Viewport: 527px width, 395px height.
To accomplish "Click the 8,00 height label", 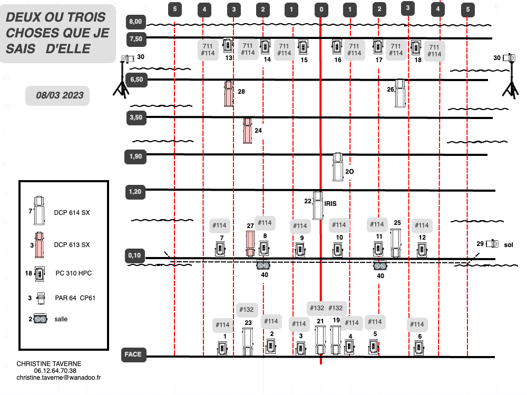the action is point(136,22).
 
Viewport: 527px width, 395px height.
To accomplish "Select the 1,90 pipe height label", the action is point(135,157).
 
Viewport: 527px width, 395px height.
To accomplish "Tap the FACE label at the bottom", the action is point(133,354).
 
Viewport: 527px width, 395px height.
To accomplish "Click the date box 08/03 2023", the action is point(58,96).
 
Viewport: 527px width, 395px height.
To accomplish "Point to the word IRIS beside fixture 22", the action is point(330,203).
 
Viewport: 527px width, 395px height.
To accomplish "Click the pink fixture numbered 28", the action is point(229,94).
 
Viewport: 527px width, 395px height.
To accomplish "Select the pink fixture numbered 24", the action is point(248,131).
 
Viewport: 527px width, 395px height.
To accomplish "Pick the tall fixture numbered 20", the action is point(338,167).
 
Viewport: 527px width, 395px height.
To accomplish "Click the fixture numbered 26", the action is point(400,93).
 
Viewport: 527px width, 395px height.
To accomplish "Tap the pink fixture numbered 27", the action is point(250,243).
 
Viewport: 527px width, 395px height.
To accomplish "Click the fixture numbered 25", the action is point(396,243).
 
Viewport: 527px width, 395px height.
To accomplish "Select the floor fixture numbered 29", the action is point(492,243).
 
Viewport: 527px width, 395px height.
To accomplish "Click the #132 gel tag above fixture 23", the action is point(247,310).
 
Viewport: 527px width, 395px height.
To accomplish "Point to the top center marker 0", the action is point(321,9).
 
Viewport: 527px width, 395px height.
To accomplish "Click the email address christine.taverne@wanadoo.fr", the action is point(58,378).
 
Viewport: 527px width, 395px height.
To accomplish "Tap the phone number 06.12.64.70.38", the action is point(55,371).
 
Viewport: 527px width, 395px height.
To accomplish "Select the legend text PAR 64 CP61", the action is point(75,298).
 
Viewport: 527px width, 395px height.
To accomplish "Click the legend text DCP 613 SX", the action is point(72,245).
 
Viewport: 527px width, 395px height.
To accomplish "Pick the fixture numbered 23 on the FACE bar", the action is point(248,342).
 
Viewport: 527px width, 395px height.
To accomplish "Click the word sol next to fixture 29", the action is point(509,245).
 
